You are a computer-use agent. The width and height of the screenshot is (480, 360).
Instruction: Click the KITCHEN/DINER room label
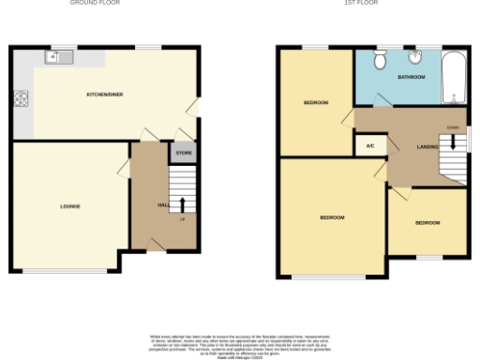pyautogui.click(x=106, y=95)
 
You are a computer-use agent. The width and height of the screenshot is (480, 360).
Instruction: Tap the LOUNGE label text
pyautogui.click(x=69, y=206)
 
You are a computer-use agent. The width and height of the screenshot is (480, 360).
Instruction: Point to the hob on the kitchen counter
pyautogui.click(x=20, y=97)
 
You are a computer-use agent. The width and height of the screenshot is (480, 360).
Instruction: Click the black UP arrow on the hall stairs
pyautogui.click(x=182, y=205)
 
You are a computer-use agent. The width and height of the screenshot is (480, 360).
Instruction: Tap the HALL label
pyautogui.click(x=162, y=204)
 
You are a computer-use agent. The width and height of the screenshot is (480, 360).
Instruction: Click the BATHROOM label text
pyautogui.click(x=411, y=77)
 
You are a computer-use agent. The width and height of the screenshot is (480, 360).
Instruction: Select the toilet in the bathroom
pyautogui.click(x=380, y=61)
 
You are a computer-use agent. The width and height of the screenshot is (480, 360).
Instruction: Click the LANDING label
pyautogui.click(x=427, y=147)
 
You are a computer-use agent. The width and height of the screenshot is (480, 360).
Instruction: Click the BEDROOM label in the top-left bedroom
pyautogui.click(x=315, y=102)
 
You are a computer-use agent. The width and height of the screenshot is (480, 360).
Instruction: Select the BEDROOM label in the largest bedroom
pyautogui.click(x=332, y=217)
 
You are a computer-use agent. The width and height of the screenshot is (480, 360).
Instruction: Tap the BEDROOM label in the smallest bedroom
pyautogui.click(x=427, y=222)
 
